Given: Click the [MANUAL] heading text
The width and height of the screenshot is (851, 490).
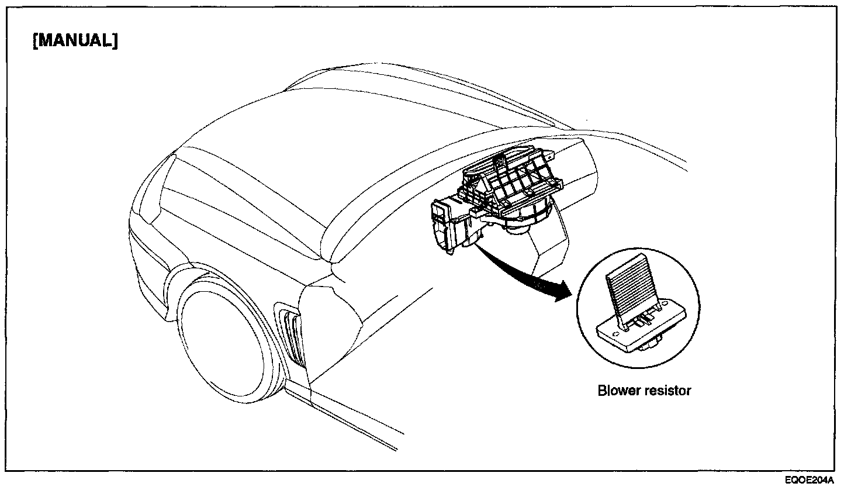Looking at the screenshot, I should click(x=75, y=42).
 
